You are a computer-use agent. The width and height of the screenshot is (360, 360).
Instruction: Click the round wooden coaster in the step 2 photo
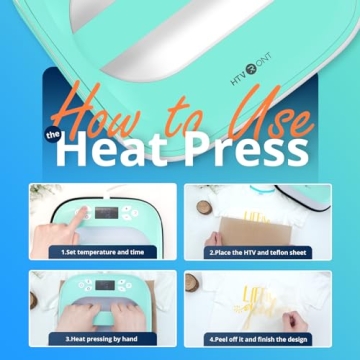coord(205,207)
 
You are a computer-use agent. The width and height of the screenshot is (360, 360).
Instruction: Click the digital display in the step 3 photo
coord(105,287)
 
